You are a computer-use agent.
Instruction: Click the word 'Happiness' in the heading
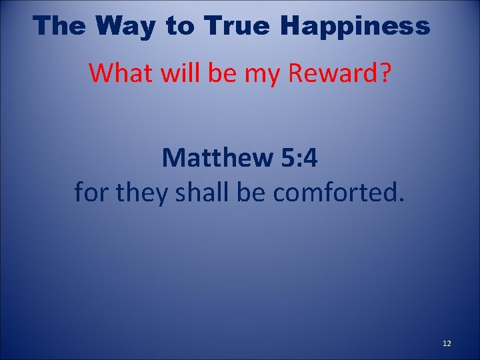tap(355, 25)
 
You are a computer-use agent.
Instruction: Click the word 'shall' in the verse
tap(197, 193)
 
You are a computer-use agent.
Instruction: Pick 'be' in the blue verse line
tap(242, 193)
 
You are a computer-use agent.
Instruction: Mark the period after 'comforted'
tap(401, 200)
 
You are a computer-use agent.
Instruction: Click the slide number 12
tap(447, 343)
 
